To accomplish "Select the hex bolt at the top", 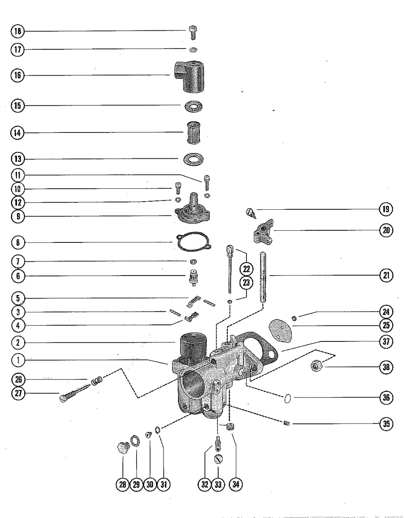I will tap(193, 31).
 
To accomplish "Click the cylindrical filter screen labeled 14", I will tap(193, 133).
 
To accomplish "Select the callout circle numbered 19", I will tap(386, 209).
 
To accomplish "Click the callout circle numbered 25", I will tap(386, 325).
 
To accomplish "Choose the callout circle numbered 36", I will tap(386, 398).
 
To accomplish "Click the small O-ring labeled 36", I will tap(287, 399).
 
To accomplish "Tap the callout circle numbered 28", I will tap(122, 484).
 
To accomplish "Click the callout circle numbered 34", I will tap(236, 484).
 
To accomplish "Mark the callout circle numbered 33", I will tap(218, 484).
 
